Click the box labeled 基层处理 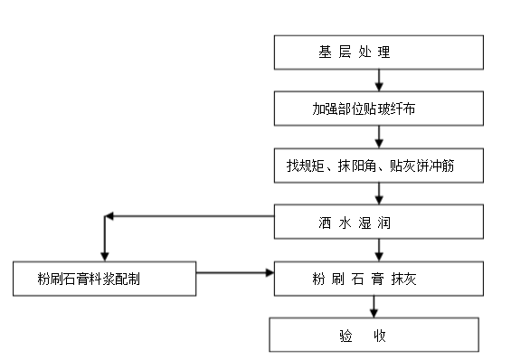tap(377, 52)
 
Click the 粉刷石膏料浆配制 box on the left tap(104, 279)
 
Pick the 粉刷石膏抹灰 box tap(377, 279)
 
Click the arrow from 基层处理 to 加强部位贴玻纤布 tap(379, 81)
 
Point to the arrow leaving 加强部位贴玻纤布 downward tap(379, 137)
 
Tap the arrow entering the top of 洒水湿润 tap(379, 194)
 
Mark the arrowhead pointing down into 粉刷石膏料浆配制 tap(106, 255)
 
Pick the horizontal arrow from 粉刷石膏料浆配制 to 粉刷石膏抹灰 tap(235, 270)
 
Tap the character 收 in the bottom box tap(380, 336)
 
